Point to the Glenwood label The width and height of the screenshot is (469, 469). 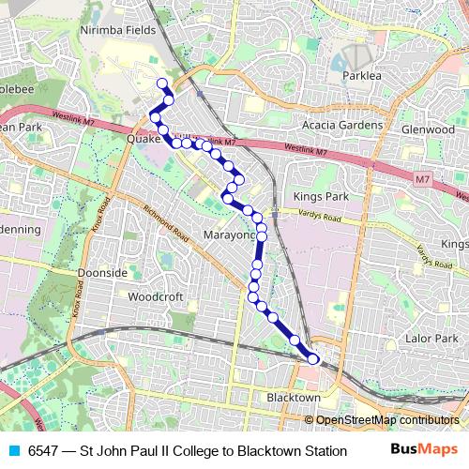click(x=428, y=129)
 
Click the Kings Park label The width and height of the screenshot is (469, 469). click(x=320, y=197)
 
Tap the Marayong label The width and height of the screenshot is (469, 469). click(x=229, y=234)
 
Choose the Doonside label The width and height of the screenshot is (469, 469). click(x=103, y=272)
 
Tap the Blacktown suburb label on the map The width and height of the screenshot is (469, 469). click(x=294, y=398)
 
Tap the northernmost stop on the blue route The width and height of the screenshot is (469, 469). click(x=162, y=83)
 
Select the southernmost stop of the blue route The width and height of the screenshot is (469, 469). click(x=313, y=357)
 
